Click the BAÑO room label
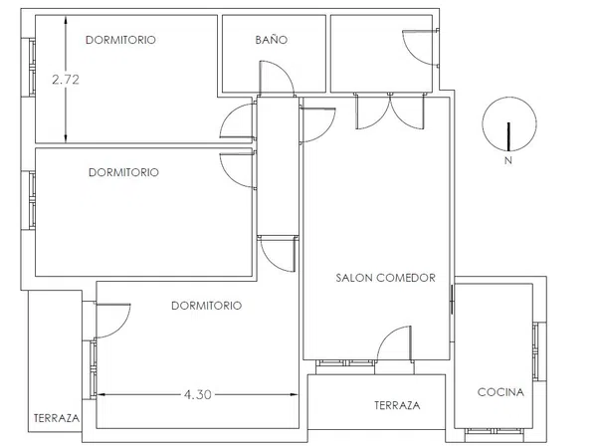tap(271, 39)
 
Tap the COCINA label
tap(500, 392)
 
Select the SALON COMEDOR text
tap(385, 278)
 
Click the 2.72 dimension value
tap(66, 80)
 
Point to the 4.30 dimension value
tap(198, 394)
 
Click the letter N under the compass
tap(508, 160)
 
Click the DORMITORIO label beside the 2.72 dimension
tap(120, 40)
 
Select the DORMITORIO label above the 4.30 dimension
tap(206, 306)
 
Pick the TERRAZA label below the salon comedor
tap(397, 405)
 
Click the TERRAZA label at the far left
tap(57, 418)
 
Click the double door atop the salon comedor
tap(389, 111)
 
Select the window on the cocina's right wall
tap(537, 351)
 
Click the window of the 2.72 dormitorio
tap(32, 68)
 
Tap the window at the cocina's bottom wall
tap(494, 431)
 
